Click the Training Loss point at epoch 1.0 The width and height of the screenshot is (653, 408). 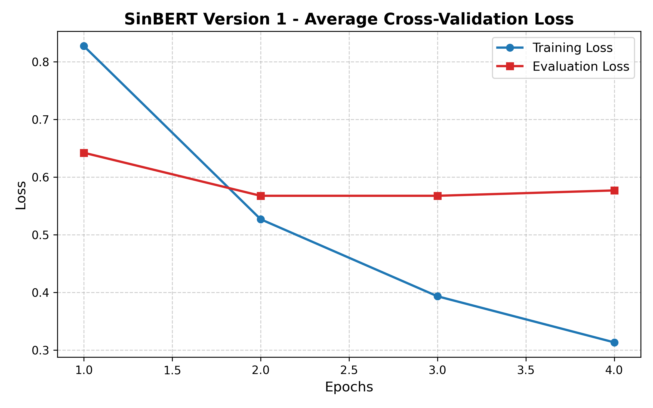click(84, 46)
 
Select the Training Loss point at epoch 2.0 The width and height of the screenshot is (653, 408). click(261, 219)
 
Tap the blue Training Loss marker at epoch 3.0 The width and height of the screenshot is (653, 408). click(438, 296)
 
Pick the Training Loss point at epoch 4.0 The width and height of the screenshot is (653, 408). click(614, 342)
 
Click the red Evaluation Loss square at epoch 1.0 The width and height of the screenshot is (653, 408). click(84, 153)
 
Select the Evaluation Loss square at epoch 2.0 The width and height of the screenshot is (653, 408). click(261, 196)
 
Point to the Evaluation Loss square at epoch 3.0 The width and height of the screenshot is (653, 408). click(438, 196)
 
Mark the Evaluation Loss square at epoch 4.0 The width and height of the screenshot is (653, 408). click(614, 190)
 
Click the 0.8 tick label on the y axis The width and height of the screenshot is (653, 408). click(40, 62)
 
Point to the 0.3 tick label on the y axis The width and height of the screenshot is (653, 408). click(40, 351)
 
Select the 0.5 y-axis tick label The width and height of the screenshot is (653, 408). click(40, 235)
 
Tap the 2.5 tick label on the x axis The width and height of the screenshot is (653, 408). click(349, 370)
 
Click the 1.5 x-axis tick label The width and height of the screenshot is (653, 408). click(172, 370)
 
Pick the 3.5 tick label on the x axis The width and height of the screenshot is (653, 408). click(526, 370)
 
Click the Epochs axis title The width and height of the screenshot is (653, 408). click(349, 387)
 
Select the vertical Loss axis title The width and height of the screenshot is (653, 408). click(21, 195)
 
